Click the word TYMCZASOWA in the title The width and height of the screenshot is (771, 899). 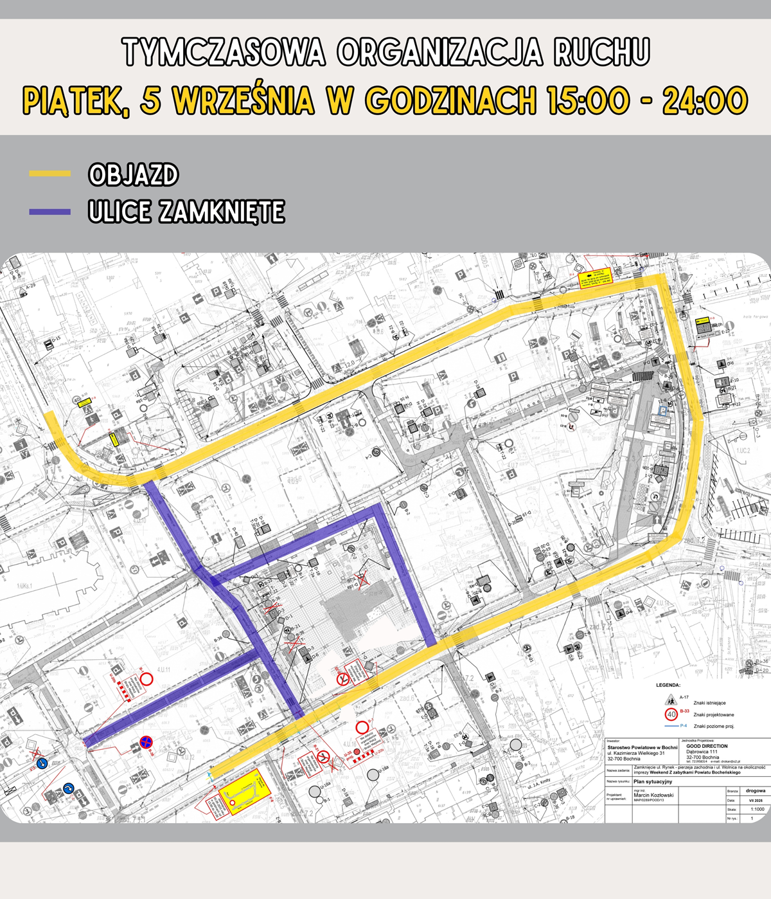(x=224, y=52)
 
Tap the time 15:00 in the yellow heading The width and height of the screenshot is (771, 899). (x=588, y=101)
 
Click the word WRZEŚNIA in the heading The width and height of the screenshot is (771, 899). (x=244, y=101)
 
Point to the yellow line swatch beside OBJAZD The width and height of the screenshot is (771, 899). (x=49, y=174)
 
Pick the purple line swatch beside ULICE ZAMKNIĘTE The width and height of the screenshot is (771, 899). (x=49, y=212)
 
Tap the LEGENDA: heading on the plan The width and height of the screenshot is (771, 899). (x=668, y=686)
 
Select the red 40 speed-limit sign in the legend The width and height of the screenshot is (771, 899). (x=671, y=714)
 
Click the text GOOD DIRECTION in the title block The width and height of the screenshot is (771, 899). (x=707, y=747)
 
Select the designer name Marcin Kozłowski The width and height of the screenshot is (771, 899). (x=653, y=795)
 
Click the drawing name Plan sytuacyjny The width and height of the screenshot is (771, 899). (x=653, y=781)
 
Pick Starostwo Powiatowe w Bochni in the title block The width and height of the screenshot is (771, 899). (x=642, y=747)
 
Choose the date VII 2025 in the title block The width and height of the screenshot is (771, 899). (x=756, y=800)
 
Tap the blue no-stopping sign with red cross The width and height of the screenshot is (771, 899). (x=146, y=743)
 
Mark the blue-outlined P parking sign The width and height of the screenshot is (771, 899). (x=661, y=410)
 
